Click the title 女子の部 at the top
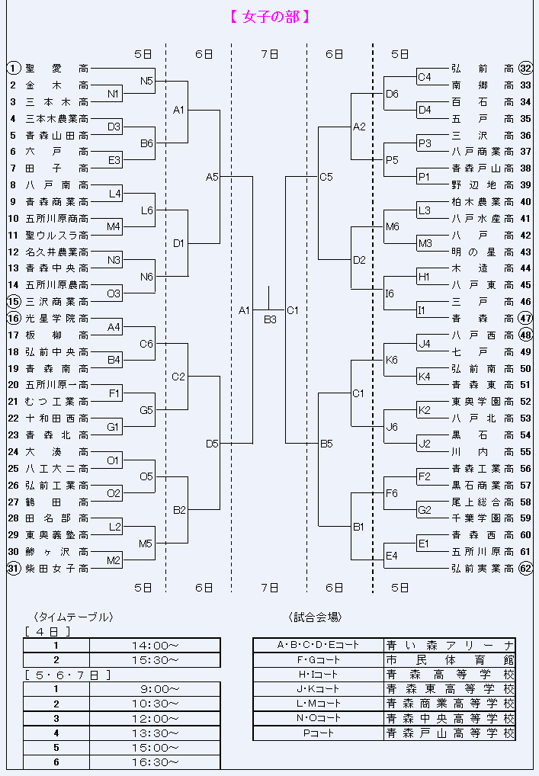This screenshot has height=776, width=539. (270, 17)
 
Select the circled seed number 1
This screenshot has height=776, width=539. (14, 69)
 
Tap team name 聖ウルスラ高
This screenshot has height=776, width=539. (57, 235)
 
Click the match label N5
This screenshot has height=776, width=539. (146, 81)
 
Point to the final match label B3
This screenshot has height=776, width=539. (270, 319)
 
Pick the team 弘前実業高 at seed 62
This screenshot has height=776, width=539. (483, 569)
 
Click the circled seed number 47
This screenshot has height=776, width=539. (525, 318)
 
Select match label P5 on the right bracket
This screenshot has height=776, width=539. (392, 160)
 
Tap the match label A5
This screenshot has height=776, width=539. (212, 177)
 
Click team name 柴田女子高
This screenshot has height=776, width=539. (57, 569)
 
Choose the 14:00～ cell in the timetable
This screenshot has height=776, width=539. (155, 646)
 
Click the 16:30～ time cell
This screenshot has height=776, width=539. (155, 762)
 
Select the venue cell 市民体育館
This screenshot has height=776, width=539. (450, 659)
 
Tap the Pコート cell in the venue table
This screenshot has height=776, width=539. (319, 733)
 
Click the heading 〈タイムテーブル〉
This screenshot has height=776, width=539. (74, 617)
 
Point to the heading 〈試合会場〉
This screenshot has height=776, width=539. (316, 617)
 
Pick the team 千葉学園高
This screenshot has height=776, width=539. (483, 518)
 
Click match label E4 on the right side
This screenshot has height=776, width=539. (392, 556)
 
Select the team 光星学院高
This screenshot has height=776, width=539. (57, 318)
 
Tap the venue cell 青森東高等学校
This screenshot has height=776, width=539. (450, 689)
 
